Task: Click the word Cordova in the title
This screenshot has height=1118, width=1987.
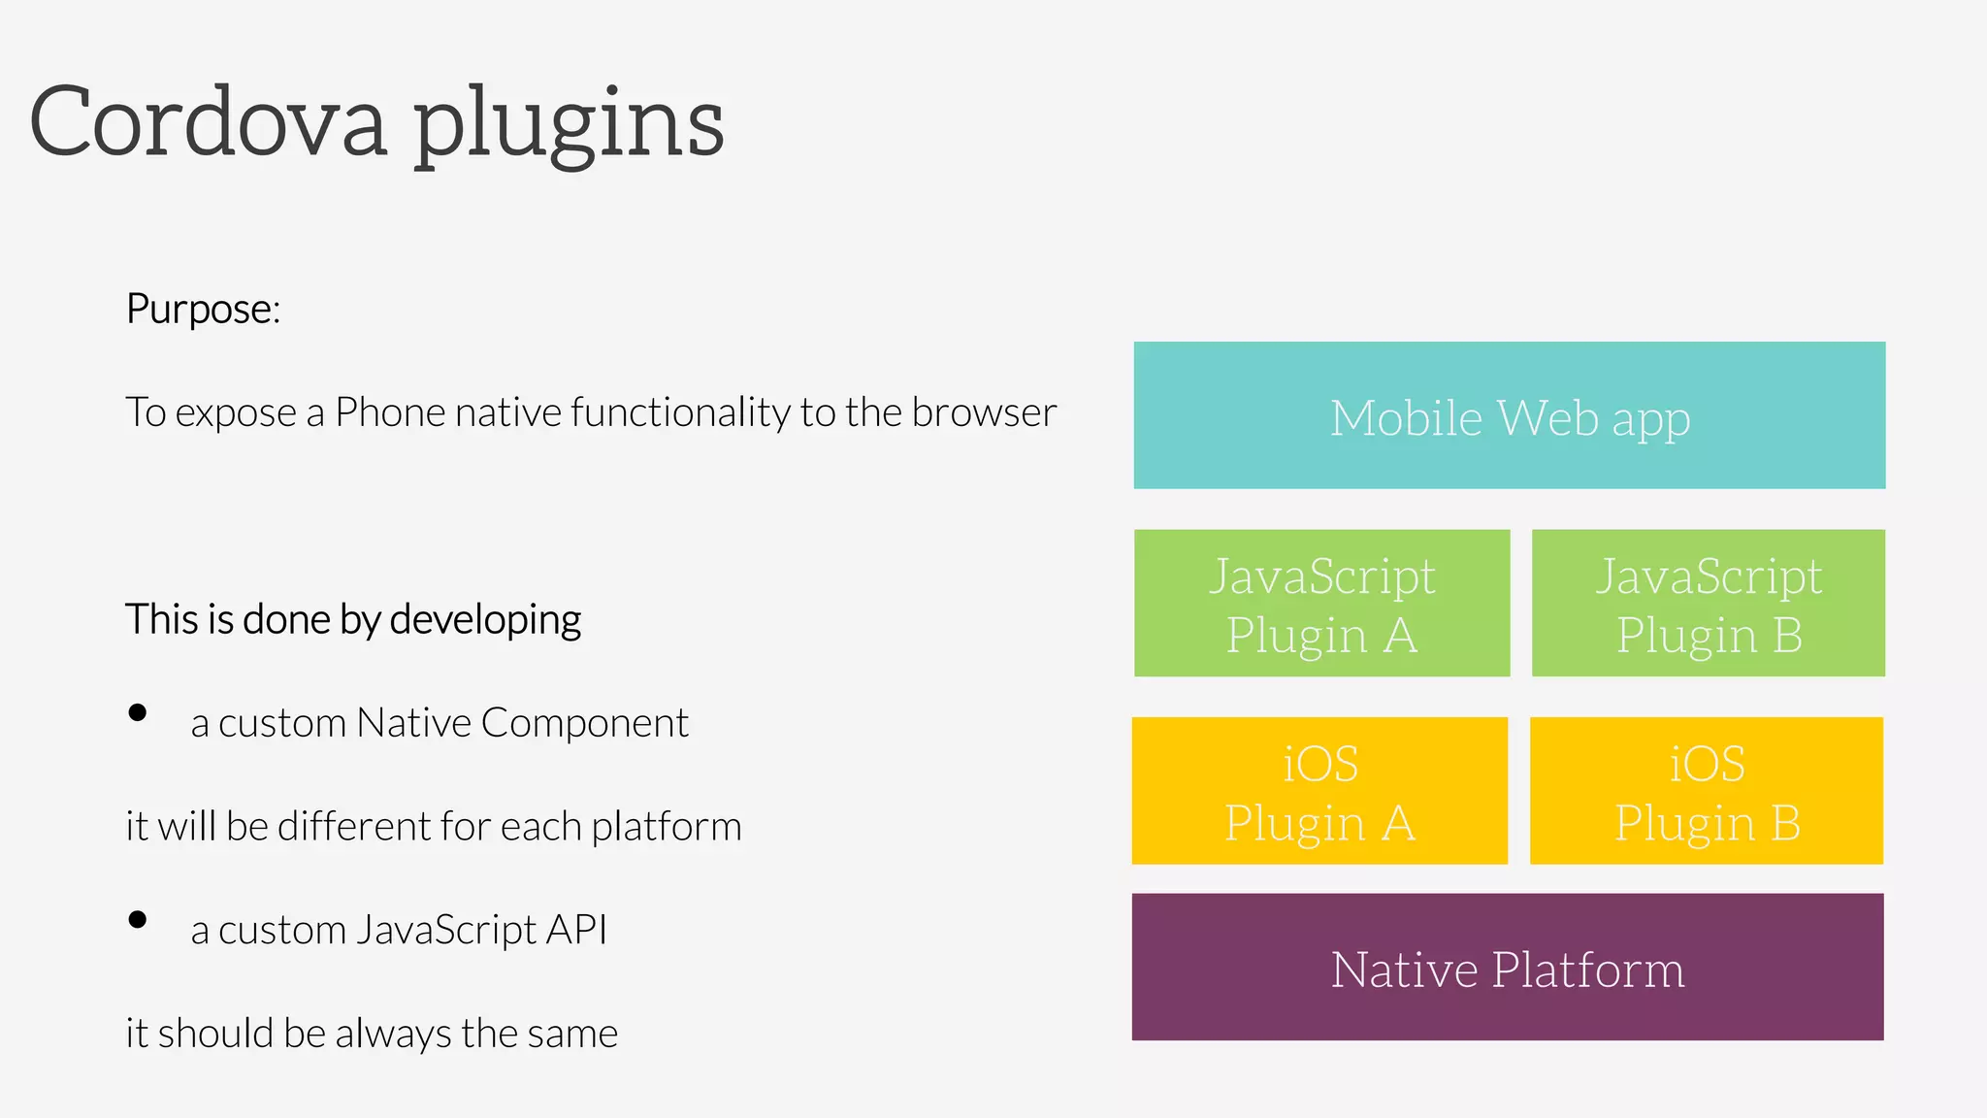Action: pyautogui.click(x=208, y=122)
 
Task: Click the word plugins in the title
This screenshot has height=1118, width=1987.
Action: pyautogui.click(x=570, y=126)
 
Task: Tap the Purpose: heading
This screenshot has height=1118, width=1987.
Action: pyautogui.click(x=203, y=310)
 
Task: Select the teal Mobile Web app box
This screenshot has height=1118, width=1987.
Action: pyautogui.click(x=1509, y=415)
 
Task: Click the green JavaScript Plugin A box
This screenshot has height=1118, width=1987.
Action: pyautogui.click(x=1321, y=603)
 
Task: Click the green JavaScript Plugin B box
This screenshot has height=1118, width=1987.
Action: pyautogui.click(x=1708, y=603)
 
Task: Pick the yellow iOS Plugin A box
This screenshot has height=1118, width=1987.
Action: pyautogui.click(x=1319, y=791)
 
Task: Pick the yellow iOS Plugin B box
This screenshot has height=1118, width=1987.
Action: pyautogui.click(x=1706, y=791)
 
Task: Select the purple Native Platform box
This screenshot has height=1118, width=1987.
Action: pyautogui.click(x=1507, y=967)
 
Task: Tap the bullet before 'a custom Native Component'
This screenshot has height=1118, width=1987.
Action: pyautogui.click(x=138, y=713)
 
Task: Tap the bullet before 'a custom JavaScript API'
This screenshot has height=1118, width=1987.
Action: pyautogui.click(x=138, y=920)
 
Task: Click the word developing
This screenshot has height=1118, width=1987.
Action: pyautogui.click(x=485, y=620)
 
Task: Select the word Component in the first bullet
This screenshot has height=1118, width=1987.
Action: pyautogui.click(x=584, y=723)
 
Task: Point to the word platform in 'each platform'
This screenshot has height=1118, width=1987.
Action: pyautogui.click(x=666, y=827)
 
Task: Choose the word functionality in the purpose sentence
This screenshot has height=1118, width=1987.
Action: pyautogui.click(x=680, y=412)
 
